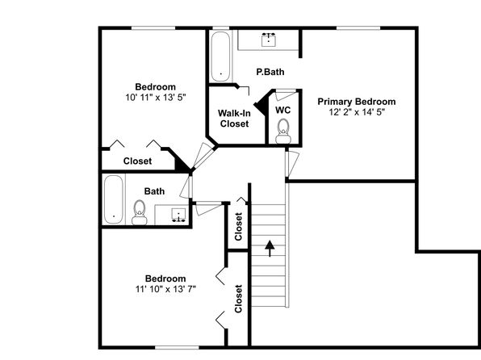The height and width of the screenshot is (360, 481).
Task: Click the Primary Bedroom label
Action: [357, 102]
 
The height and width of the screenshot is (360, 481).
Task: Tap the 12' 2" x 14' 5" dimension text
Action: [357, 112]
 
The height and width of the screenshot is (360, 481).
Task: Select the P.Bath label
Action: [270, 72]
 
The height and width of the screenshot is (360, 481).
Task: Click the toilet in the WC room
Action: [282, 132]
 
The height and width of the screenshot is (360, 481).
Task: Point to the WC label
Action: [282, 110]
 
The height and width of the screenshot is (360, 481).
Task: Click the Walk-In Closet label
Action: [234, 119]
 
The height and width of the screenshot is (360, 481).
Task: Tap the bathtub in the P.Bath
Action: [220, 57]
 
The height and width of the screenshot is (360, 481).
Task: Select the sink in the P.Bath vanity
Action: [269, 40]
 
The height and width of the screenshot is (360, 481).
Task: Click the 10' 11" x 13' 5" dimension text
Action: [156, 98]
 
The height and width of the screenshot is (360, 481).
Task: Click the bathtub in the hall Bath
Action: [114, 200]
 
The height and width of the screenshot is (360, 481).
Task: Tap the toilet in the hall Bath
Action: [140, 212]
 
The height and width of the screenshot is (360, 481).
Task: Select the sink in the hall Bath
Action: [178, 215]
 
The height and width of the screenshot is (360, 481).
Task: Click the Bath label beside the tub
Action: [154, 191]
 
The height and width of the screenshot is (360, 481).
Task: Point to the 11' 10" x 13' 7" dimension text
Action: [165, 289]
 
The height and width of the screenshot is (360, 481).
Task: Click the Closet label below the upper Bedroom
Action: [137, 161]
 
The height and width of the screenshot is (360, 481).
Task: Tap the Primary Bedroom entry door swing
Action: [291, 164]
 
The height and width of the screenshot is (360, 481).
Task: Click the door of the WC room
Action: [285, 94]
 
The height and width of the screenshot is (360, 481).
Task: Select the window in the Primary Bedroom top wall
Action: [358, 28]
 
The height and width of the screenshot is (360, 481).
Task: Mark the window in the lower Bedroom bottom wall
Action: [177, 347]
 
